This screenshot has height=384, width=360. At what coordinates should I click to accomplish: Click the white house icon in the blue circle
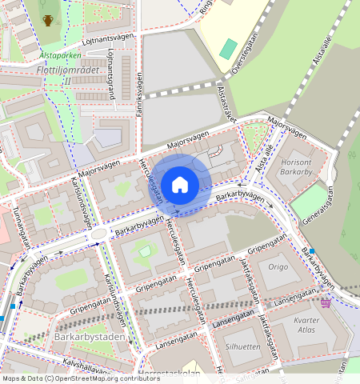tap(180, 185)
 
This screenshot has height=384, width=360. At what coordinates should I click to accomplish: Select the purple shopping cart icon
tap(326, 303)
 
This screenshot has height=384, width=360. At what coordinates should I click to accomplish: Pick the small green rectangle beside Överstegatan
tap(229, 48)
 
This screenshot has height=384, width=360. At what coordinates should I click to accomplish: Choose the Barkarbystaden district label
tap(90, 337)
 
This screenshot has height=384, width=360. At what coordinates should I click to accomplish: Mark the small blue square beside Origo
tap(311, 250)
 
